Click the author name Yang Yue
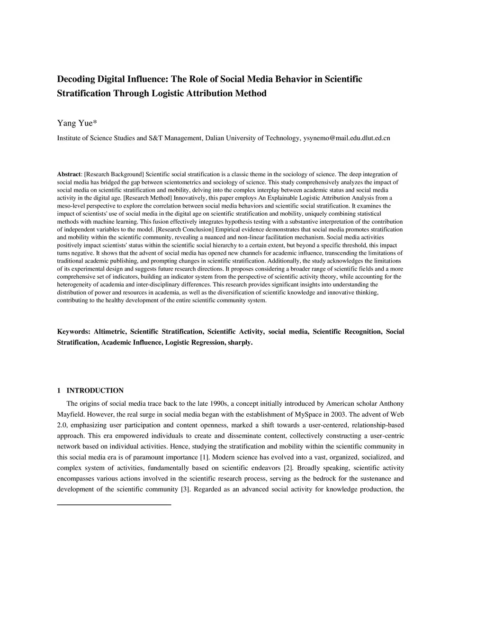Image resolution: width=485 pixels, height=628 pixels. [76, 124]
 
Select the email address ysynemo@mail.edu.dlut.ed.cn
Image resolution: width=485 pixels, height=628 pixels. [346, 138]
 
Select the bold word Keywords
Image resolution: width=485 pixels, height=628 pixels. [73, 332]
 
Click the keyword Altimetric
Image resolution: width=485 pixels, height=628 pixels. [110, 332]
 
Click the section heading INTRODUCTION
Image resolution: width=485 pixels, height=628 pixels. [95, 391]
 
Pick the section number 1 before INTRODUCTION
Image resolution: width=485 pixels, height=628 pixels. [59, 391]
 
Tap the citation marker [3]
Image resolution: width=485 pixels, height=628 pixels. [185, 490]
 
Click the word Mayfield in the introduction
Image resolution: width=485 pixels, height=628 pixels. [71, 414]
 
